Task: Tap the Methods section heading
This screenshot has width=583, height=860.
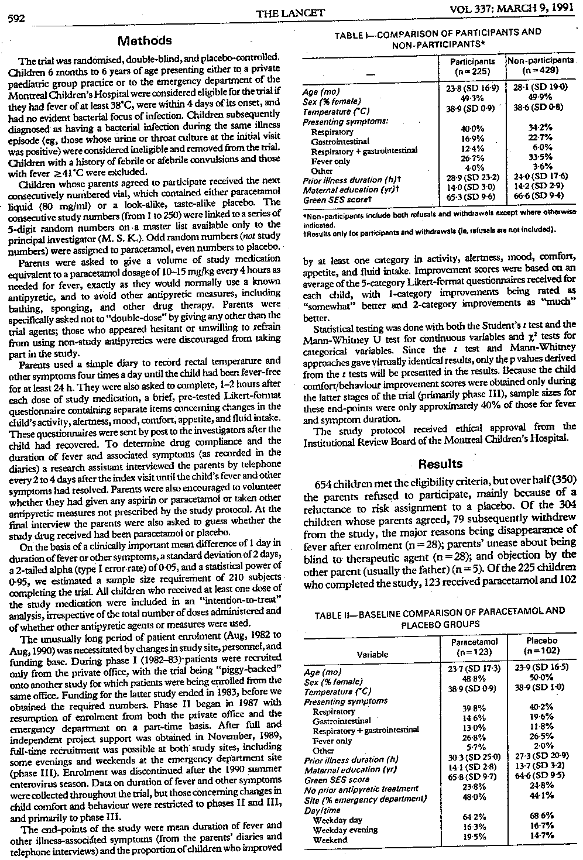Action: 145,41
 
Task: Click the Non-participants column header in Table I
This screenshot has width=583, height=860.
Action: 540,66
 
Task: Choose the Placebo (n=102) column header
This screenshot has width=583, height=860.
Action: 542,645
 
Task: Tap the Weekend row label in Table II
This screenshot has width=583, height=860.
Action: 330,840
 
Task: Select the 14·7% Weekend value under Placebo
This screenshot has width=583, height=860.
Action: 541,840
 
